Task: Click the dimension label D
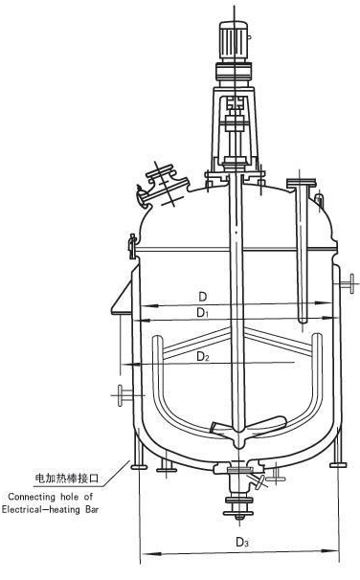tap(203, 297)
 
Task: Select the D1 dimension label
tap(202, 313)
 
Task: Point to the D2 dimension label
tap(203, 357)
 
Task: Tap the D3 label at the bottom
tap(242, 543)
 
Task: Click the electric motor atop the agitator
tap(235, 41)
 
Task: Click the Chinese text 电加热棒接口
tap(67, 479)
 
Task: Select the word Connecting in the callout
tap(32, 497)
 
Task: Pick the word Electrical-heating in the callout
tap(41, 509)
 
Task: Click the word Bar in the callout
tap(92, 509)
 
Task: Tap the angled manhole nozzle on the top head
tap(163, 186)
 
